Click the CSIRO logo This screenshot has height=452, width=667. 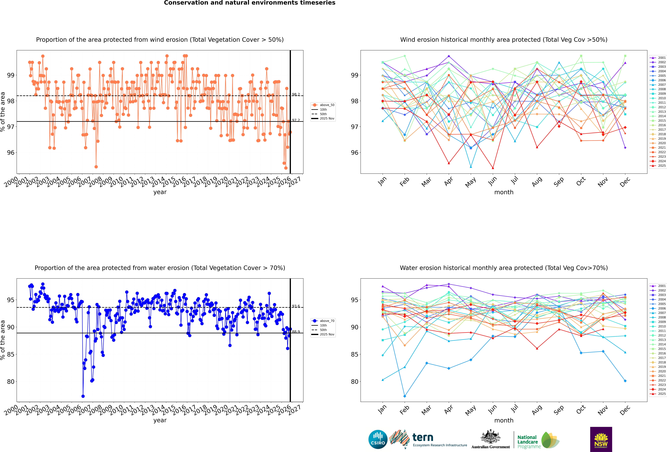[378, 439]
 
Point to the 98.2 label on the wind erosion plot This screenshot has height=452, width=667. [296, 94]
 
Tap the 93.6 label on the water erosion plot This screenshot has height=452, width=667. [296, 306]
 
